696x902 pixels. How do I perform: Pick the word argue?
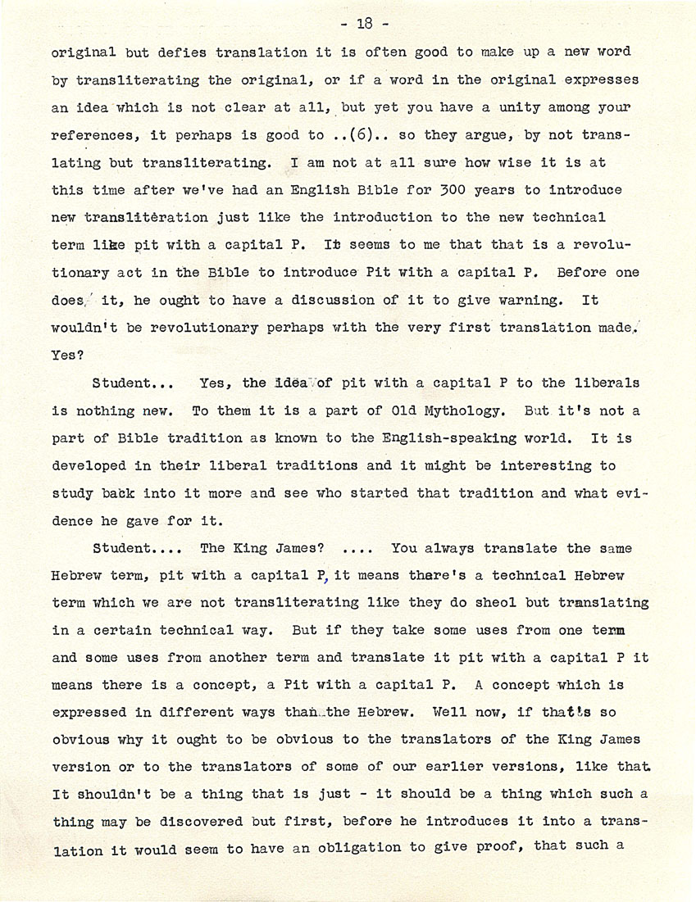475,136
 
